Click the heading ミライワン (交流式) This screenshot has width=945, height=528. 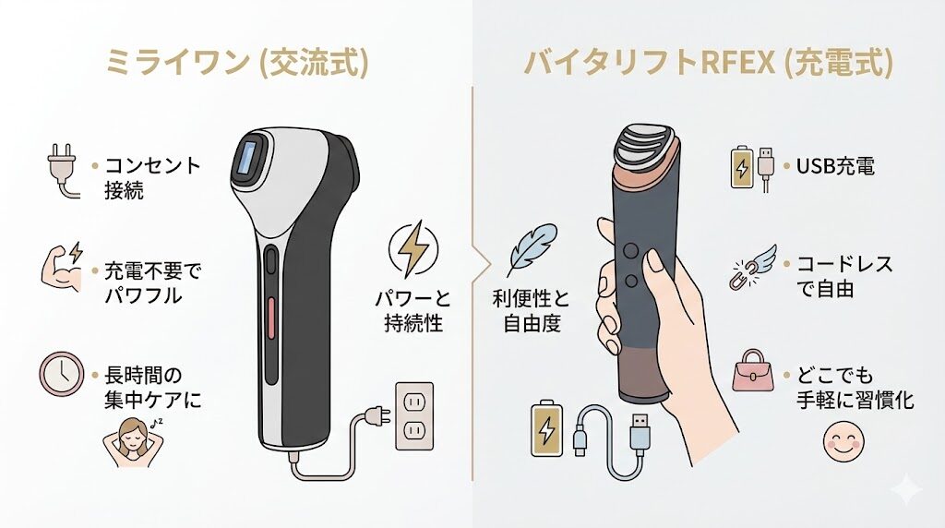237,62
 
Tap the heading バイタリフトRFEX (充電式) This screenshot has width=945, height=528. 708,62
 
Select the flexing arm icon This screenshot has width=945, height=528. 61,267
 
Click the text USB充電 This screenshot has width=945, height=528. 834,167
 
